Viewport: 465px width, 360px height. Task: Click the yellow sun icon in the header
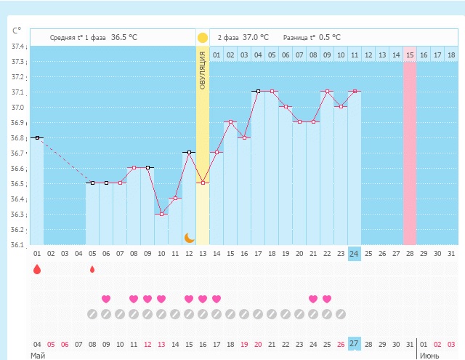(x=203, y=37)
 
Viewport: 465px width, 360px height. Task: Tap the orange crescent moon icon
(x=189, y=237)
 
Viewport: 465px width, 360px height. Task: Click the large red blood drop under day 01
(x=37, y=270)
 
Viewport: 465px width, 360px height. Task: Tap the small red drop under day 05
(x=92, y=270)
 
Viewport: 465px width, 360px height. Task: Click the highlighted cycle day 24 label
(x=354, y=254)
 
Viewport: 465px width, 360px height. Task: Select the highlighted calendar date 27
(x=354, y=344)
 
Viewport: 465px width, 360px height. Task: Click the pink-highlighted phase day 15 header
(x=410, y=55)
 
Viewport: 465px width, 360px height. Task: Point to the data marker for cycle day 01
(x=37, y=137)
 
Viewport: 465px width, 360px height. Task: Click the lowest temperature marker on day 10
(x=161, y=214)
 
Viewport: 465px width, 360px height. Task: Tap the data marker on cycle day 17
(x=258, y=92)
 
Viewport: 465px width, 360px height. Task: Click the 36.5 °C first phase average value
(x=124, y=37)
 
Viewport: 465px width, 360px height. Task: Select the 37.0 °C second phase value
(x=254, y=37)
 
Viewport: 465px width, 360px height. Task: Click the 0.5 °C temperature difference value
(x=330, y=37)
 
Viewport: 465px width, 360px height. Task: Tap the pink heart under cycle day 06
(x=106, y=299)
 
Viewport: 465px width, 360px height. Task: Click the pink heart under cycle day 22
(x=327, y=299)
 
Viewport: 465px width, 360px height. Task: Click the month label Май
(x=37, y=356)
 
